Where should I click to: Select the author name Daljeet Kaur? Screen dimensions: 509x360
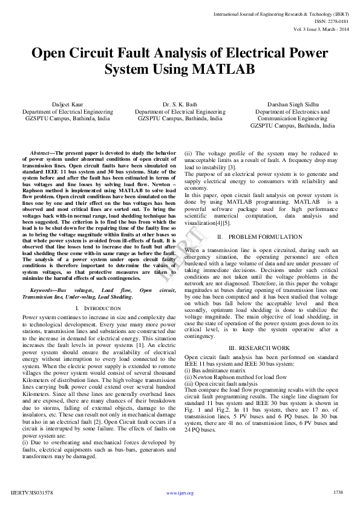(x=67, y=105)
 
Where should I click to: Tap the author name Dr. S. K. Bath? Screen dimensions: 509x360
(x=180, y=105)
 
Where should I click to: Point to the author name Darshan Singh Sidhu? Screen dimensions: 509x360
(x=292, y=105)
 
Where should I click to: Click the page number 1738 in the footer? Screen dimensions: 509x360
(x=338, y=493)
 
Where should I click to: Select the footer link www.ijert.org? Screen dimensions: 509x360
(x=180, y=493)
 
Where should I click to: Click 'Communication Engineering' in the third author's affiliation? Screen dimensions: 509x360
(x=292, y=119)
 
